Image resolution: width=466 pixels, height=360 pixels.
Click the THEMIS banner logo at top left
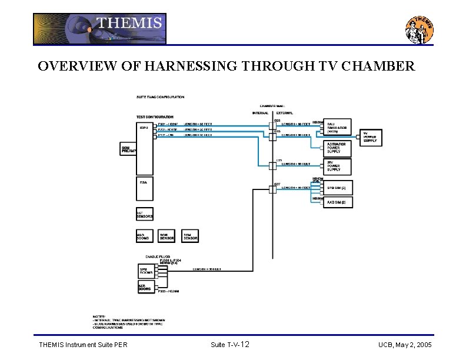[99, 29]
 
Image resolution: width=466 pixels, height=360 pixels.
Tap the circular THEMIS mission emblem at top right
[420, 29]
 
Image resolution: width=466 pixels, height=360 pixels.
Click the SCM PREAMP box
[128, 149]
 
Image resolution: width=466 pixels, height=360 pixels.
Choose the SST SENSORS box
[145, 214]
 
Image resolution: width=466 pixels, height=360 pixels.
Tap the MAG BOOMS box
[145, 235]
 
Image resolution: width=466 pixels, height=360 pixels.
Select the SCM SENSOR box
[167, 235]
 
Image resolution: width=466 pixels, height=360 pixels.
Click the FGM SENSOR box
[190, 235]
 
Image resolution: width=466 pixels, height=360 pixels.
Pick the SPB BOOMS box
[146, 271]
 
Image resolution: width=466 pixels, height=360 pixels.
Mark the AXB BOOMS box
[146, 286]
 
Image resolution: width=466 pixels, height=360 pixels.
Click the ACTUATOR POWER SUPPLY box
[338, 148]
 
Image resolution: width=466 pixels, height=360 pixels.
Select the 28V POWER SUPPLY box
[338, 166]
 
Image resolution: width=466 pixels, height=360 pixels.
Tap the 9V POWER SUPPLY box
[371, 137]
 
